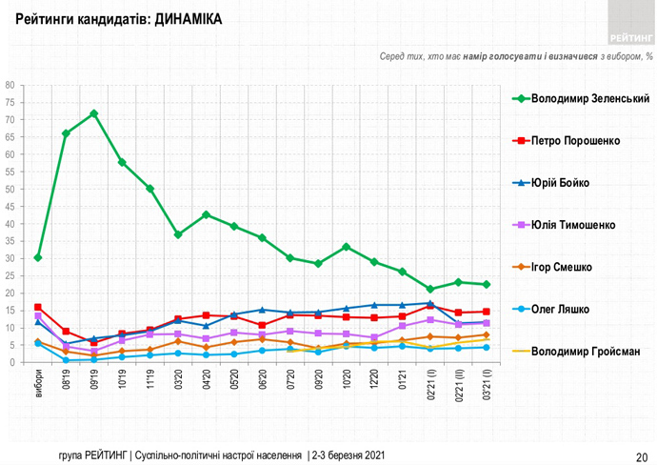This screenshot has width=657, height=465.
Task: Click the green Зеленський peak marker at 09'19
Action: [x=93, y=113]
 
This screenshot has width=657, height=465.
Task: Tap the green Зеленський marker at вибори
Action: [x=38, y=257]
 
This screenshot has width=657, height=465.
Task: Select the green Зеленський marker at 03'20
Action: [x=178, y=234]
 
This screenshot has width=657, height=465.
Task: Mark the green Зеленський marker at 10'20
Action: [x=346, y=247]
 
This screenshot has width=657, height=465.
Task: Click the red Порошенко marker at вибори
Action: [x=38, y=308]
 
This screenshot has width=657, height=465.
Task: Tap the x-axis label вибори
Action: [x=39, y=383]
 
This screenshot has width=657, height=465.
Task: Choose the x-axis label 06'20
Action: [x=262, y=380]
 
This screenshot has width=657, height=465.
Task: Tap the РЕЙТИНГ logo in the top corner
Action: [x=626, y=36]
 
